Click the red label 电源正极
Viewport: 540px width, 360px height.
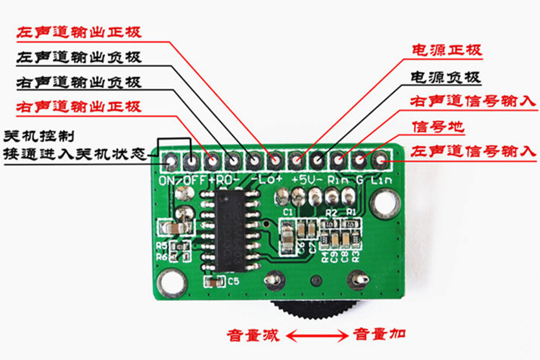coord(446,50)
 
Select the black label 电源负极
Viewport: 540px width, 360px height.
coord(446,76)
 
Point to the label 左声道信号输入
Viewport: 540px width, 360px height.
coord(473,152)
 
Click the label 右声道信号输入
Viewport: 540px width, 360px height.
coord(473,102)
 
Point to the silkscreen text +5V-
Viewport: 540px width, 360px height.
coord(307,179)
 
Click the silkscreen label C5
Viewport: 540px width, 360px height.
coord(233,282)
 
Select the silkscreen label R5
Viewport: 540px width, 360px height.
coord(161,245)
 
